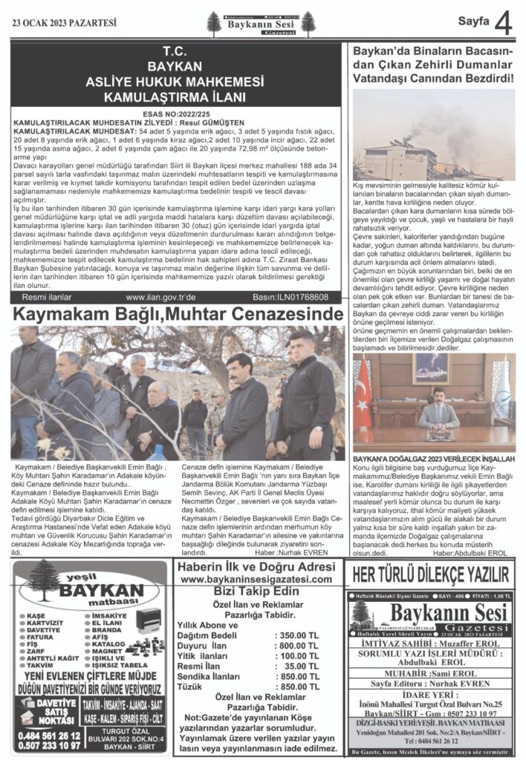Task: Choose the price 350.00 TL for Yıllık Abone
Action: click(x=296, y=635)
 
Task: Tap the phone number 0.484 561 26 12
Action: click(x=48, y=735)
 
